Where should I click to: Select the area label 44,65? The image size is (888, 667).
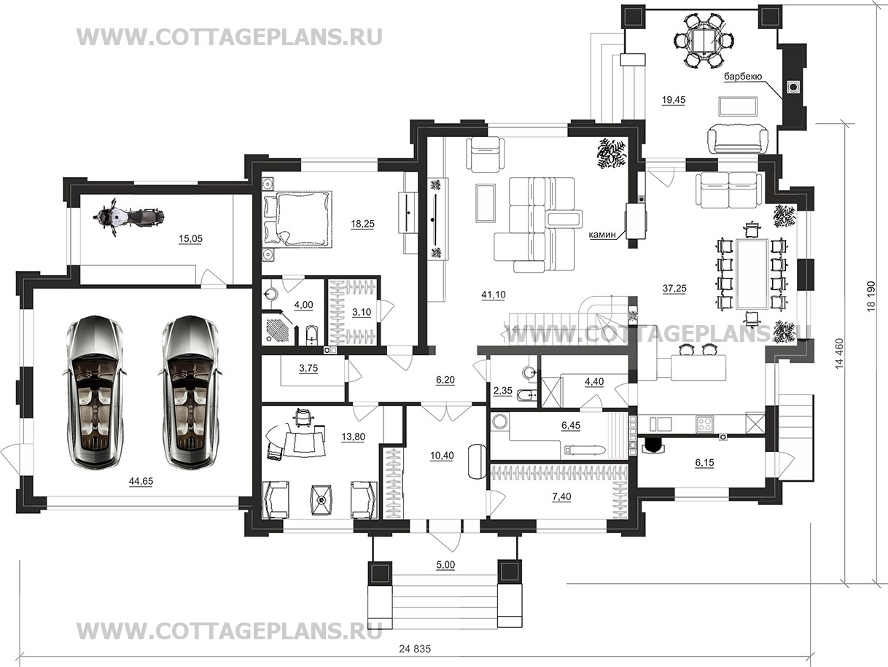pos(141,481)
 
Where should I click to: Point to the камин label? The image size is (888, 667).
pos(601,234)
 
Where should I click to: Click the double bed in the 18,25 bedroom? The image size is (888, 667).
pos(297,219)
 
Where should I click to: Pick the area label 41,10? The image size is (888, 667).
pos(493,295)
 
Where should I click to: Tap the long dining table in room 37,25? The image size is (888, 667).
pos(752,274)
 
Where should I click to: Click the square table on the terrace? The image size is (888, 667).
pos(705,41)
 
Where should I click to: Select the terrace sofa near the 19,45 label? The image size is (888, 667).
pos(738,139)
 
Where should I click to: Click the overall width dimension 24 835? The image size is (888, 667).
pos(415,650)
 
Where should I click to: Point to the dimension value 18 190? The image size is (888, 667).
pos(871,296)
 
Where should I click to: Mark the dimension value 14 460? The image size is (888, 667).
pos(838,353)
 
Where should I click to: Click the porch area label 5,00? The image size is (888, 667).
pos(445,565)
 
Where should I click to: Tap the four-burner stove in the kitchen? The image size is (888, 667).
pos(705,424)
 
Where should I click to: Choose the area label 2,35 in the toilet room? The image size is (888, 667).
pos(503,391)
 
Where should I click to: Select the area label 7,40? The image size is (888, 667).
pos(561,496)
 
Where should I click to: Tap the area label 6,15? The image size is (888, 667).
pos(704,463)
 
